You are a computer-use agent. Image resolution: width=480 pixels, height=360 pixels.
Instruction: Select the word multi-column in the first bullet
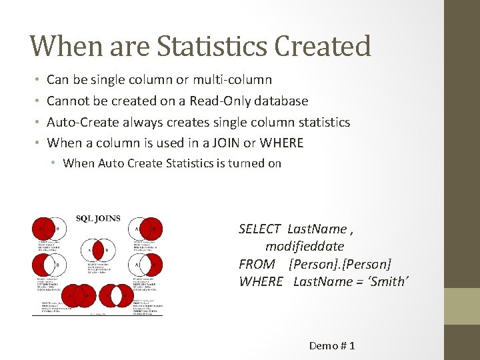point(232,80)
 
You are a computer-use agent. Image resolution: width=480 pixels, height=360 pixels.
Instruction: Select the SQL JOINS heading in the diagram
point(98,218)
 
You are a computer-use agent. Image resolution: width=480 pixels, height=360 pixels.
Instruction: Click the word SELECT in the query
point(259,229)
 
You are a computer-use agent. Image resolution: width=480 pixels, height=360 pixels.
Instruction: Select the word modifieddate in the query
point(305,247)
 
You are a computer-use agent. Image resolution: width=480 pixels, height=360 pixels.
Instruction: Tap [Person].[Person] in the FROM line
point(341,264)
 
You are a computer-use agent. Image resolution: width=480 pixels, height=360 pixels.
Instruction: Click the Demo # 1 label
point(332,345)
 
